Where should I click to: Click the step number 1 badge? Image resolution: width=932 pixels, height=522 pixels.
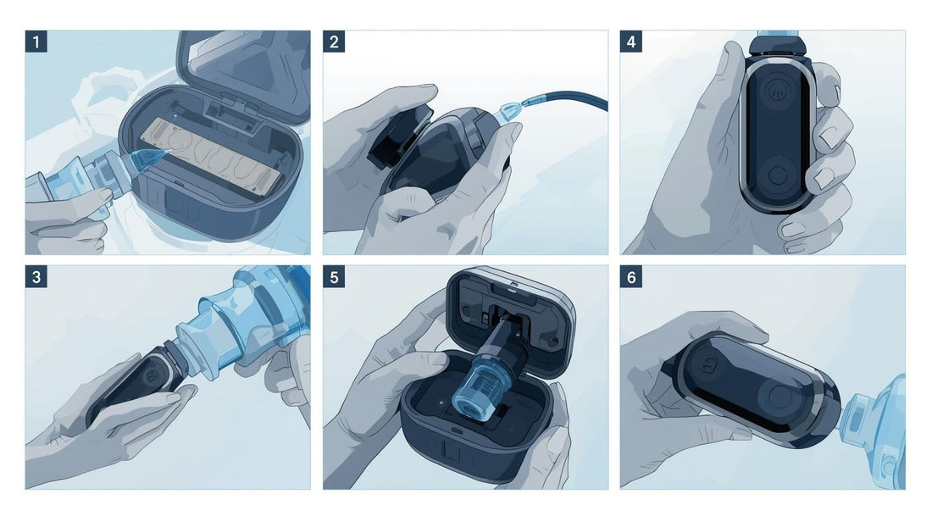[36, 42]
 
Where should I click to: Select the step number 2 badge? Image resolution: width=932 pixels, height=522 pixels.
[334, 42]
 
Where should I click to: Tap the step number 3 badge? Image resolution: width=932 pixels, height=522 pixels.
[36, 277]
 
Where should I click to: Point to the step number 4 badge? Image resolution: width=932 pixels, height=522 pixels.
[630, 42]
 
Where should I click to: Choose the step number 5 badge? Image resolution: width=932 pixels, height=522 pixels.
[334, 277]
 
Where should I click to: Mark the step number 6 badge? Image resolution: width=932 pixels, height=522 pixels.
[630, 277]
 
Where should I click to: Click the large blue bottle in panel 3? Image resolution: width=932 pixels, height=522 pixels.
[250, 321]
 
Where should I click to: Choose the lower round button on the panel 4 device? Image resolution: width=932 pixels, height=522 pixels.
[777, 176]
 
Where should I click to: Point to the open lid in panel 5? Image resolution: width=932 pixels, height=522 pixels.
[510, 321]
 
